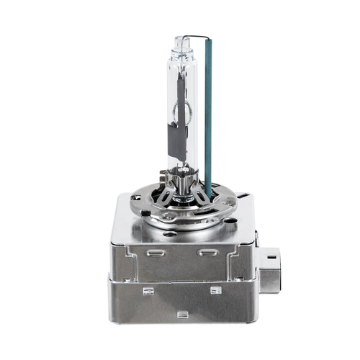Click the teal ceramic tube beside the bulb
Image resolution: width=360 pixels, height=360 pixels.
click(x=208, y=115)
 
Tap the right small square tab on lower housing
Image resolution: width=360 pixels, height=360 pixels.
click(x=215, y=290)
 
